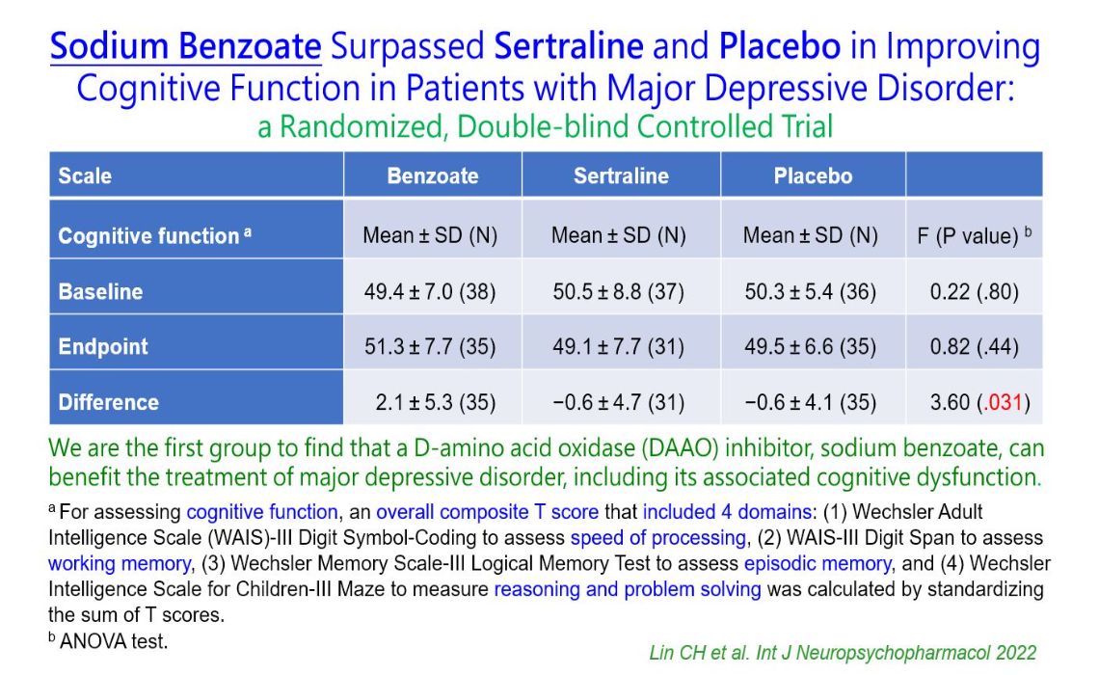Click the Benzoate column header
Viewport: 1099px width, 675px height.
point(432,175)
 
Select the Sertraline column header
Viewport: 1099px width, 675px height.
point(621,175)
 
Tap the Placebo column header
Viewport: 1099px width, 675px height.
point(813,175)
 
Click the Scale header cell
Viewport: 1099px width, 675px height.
point(85,175)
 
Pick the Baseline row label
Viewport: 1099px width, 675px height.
point(100,291)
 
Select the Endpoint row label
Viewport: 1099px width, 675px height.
point(103,347)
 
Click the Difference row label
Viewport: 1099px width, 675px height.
point(109,402)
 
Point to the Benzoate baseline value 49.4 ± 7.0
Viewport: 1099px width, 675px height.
point(429,291)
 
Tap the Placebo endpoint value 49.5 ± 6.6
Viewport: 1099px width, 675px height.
point(810,347)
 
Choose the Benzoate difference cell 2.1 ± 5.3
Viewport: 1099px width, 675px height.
point(436,402)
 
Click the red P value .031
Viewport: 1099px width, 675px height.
point(1004,402)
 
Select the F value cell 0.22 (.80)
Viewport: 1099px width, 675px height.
point(974,291)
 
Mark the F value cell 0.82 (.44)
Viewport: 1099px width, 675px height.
point(974,347)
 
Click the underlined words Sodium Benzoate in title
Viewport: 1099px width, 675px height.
point(185,47)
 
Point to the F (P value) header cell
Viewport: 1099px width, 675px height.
point(974,236)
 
